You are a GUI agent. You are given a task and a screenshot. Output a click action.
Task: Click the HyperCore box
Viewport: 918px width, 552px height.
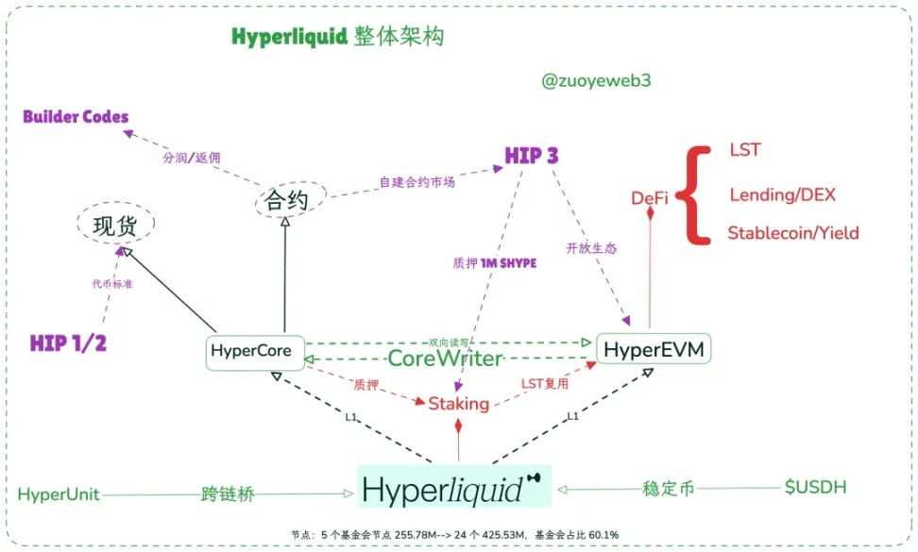tap(255, 352)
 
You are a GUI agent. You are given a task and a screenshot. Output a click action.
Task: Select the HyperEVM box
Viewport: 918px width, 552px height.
tap(654, 350)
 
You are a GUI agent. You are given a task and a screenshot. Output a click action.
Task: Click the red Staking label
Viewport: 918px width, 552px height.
tap(459, 404)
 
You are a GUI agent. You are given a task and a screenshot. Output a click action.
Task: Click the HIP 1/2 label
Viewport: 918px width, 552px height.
tap(68, 343)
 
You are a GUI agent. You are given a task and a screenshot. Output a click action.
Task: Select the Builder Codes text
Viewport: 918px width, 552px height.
tap(76, 117)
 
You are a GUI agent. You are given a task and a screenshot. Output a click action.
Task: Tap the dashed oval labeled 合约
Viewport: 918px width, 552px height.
tap(290, 199)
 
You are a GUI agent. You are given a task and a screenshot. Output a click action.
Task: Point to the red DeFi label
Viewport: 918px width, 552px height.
tap(650, 198)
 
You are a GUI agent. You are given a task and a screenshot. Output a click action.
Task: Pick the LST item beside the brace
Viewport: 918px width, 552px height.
tap(744, 150)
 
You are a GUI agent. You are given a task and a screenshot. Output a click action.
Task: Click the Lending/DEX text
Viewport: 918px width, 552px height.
tap(782, 195)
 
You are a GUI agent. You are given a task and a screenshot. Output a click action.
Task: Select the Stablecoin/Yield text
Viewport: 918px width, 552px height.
tap(793, 233)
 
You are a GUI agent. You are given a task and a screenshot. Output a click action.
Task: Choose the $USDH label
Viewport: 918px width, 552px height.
tap(816, 488)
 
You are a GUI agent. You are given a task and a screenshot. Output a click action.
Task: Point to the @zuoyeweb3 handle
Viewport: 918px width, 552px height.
tap(596, 81)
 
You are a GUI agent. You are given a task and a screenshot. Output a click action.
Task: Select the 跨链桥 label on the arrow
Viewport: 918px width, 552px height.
tap(228, 493)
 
